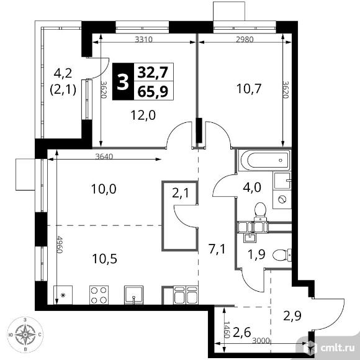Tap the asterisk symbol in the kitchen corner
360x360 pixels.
pyautogui.click(x=62, y=295)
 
